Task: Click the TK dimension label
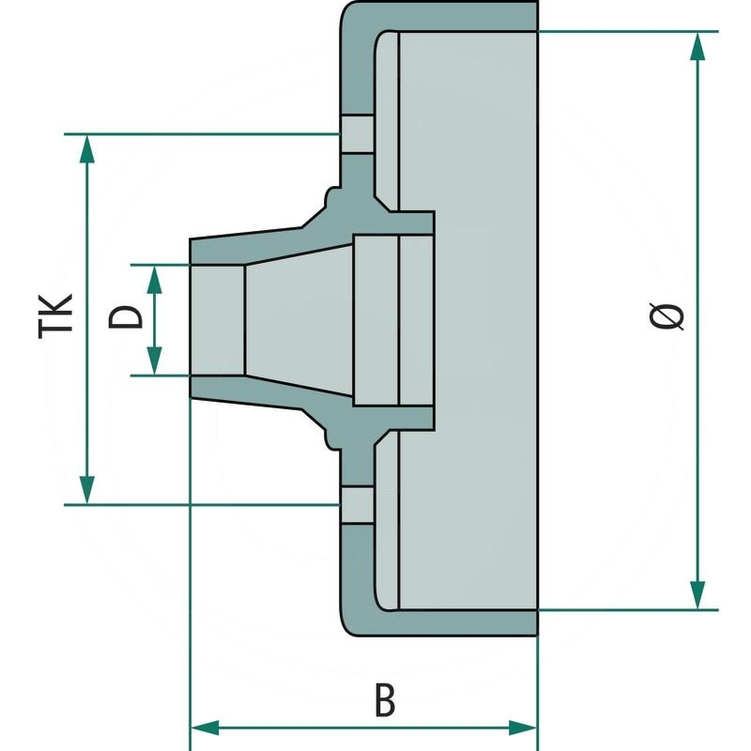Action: [x=56, y=316]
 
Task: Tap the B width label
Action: [x=383, y=699]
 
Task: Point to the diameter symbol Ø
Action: [x=667, y=317]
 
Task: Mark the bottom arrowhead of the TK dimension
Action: [x=86, y=490]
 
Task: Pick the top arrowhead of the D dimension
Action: [x=155, y=276]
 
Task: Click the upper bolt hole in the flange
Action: [x=357, y=133]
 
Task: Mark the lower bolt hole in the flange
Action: [x=357, y=504]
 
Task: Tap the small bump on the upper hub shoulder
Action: [x=330, y=198]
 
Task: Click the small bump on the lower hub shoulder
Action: [x=330, y=437]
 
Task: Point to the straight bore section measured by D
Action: [x=218, y=319]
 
